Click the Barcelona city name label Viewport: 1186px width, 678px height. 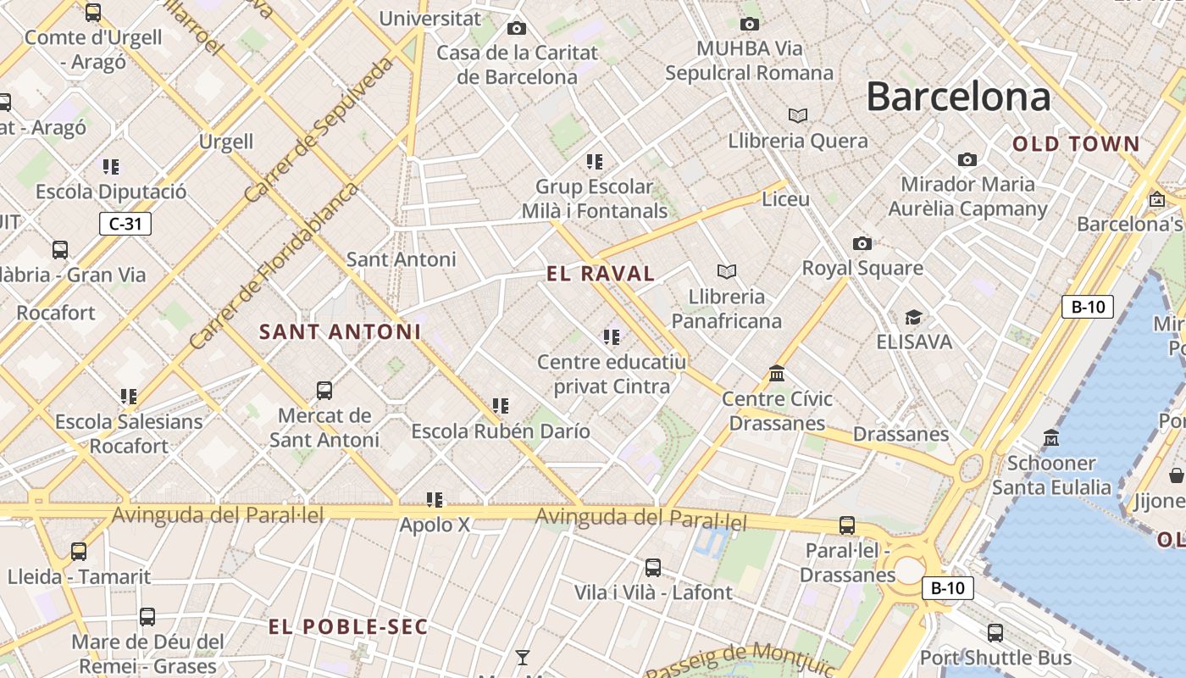[x=958, y=97]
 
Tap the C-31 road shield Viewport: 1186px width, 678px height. [x=125, y=224]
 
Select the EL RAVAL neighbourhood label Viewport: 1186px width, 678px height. [x=601, y=274]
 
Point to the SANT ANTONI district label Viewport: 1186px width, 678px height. [x=340, y=331]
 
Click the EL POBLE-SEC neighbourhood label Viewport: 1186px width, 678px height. [x=348, y=627]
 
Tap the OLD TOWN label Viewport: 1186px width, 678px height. [x=1077, y=144]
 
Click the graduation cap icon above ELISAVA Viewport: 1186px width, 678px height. [x=913, y=318]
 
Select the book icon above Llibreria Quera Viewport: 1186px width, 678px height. [x=797, y=115]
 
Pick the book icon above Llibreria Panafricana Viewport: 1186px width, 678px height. [x=726, y=271]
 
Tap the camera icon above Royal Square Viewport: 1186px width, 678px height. [x=862, y=244]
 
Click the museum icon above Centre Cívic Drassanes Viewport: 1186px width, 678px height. [x=777, y=374]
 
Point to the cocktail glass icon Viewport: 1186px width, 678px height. [x=523, y=657]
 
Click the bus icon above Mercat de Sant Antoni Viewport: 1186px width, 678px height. [x=324, y=391]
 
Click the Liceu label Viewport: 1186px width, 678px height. [x=785, y=199]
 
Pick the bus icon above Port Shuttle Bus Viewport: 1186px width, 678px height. [x=995, y=632]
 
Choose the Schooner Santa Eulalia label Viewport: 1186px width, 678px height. [x=1051, y=475]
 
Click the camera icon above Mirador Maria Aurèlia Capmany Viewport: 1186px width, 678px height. [x=967, y=159]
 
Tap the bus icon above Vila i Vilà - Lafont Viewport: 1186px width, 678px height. [x=652, y=568]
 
